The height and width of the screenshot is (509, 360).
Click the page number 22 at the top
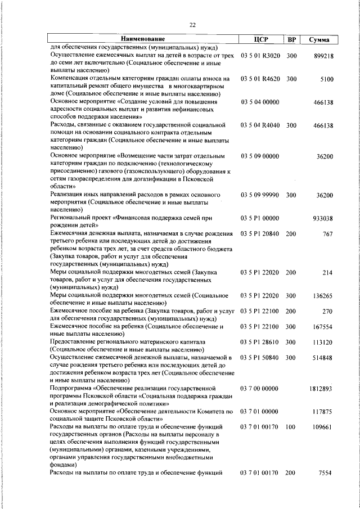(192, 25)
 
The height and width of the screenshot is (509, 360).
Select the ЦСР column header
(261, 39)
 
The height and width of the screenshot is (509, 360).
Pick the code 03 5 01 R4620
(260, 79)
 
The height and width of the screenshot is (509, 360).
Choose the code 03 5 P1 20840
(260, 233)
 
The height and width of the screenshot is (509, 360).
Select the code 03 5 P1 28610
(260, 342)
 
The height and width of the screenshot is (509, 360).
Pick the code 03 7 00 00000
(260, 388)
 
